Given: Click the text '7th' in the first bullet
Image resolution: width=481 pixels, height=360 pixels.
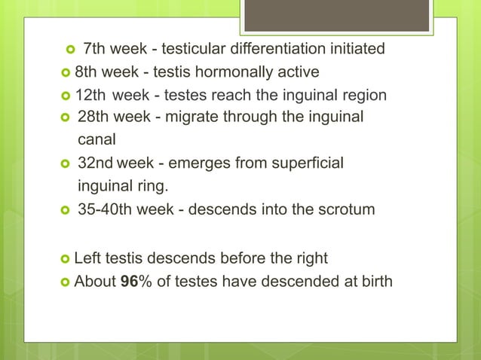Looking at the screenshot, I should coord(94,50).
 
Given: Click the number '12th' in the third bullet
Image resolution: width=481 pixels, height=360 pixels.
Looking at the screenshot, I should coord(90,96).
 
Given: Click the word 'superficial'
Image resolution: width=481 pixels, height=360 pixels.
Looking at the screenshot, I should coord(306,163).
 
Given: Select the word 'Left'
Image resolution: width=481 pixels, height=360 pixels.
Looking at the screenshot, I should coord(87,258).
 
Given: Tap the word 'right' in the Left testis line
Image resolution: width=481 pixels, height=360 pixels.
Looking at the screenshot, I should coord(309,258).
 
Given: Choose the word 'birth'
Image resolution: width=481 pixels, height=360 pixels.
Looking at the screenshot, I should coord(375,282).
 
